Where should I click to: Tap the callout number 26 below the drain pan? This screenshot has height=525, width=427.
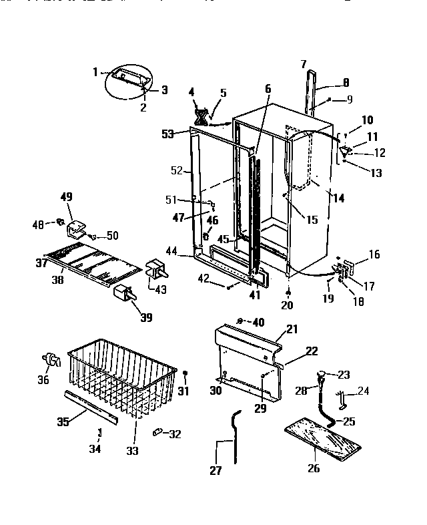pyautogui.click(x=314, y=468)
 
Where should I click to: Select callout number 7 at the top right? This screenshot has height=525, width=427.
pyautogui.click(x=304, y=64)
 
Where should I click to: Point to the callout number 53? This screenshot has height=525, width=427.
pyautogui.click(x=167, y=134)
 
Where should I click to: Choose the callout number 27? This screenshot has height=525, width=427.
pyautogui.click(x=216, y=470)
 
